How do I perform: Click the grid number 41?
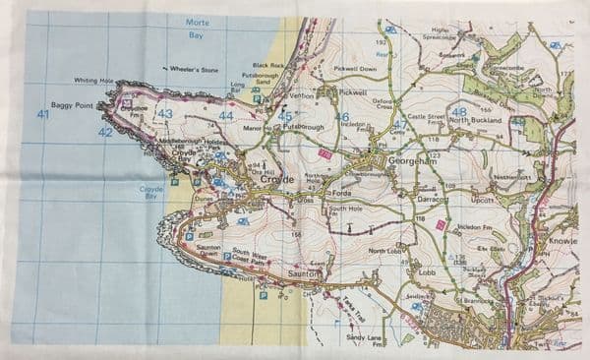42,115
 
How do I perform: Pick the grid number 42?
105,131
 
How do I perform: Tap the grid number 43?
164,114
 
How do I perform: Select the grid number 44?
226,116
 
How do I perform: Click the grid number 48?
459,112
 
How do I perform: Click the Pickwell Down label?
355,70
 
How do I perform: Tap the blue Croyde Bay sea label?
150,191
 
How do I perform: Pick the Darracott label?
430,198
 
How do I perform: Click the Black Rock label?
269,66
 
